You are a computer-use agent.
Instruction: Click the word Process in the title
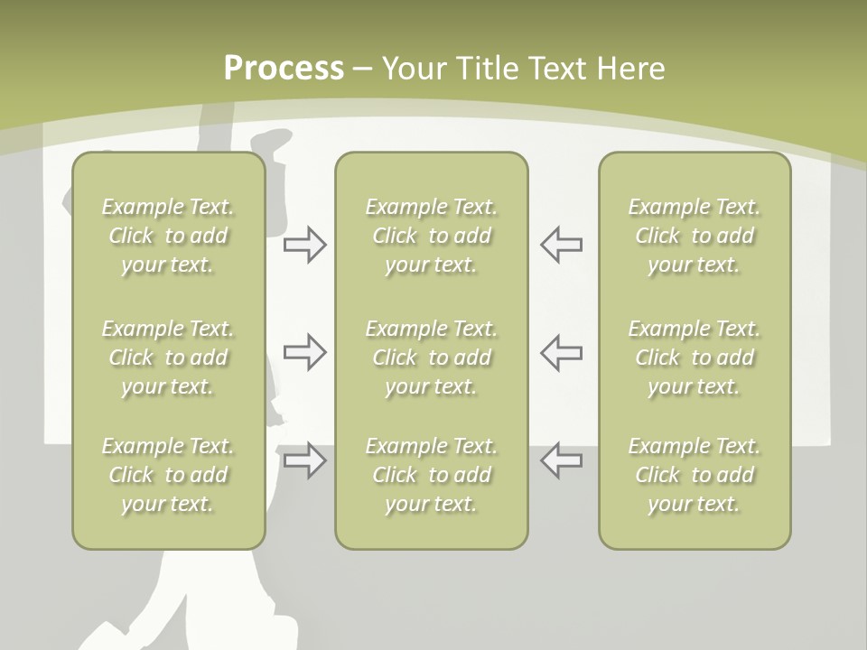284,69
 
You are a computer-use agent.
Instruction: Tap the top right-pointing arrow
304,245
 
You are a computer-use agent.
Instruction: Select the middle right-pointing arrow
304,351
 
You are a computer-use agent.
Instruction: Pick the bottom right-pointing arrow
304,460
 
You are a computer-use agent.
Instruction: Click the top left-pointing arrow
561,245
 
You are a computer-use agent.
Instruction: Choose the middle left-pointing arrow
561,351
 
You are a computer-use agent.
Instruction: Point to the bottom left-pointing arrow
561,460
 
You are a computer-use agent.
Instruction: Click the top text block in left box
168,236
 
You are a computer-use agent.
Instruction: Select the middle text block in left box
168,357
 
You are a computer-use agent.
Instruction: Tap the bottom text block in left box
168,475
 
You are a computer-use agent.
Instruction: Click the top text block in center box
431,236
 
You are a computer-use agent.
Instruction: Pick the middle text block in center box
431,357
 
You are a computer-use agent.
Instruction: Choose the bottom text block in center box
431,475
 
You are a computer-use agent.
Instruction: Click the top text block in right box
695,236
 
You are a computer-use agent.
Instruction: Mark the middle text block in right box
695,357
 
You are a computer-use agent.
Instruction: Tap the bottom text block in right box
695,475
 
